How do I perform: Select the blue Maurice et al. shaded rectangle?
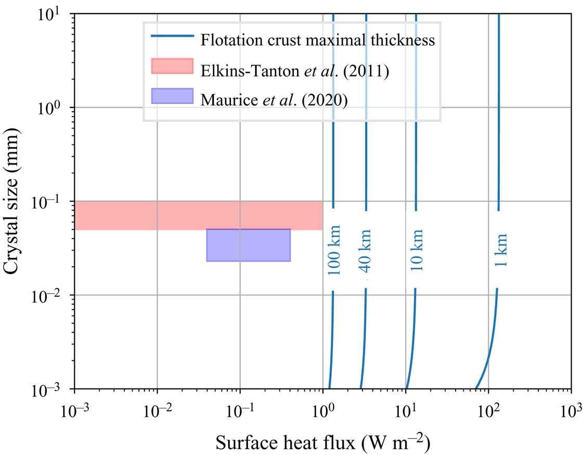click(248, 245)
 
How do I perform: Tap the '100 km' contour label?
click(334, 250)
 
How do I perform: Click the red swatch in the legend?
click(172, 66)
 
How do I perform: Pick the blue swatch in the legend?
click(172, 97)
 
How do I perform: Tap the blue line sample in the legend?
click(172, 36)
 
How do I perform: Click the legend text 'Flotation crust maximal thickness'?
click(318, 40)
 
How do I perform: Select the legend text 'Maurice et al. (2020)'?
click(274, 98)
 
